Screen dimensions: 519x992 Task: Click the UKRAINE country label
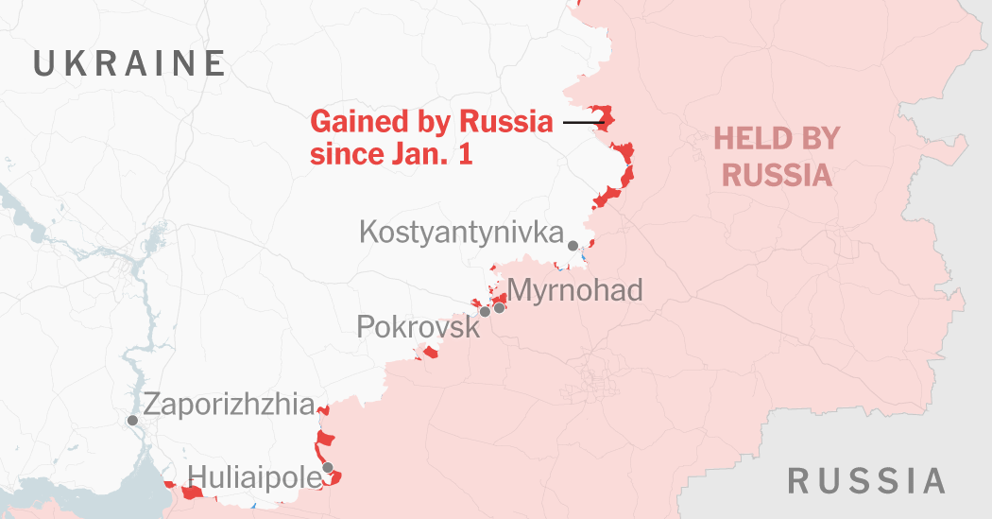(x=129, y=63)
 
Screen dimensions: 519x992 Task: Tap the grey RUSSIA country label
(x=866, y=480)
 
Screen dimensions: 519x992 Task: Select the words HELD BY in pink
(x=777, y=139)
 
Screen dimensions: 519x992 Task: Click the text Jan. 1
(x=431, y=154)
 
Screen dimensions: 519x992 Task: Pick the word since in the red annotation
(x=346, y=154)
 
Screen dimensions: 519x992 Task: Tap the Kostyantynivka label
(x=461, y=233)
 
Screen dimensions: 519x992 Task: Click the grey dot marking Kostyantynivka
(x=573, y=246)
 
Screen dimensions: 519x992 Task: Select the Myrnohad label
(x=574, y=289)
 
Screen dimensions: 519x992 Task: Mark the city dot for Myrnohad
(x=499, y=307)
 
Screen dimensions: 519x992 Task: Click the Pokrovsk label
(x=418, y=327)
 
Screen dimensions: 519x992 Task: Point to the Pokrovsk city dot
(x=485, y=311)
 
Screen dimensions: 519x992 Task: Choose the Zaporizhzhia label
(x=228, y=406)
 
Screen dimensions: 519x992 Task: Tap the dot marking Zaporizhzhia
(x=132, y=420)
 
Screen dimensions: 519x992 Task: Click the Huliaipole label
(x=255, y=476)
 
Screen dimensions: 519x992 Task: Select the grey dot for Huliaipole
(x=327, y=467)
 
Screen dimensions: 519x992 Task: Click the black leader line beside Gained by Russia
(x=582, y=122)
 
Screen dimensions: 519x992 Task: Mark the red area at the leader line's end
(x=605, y=119)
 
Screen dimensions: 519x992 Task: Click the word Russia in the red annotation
(x=505, y=122)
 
